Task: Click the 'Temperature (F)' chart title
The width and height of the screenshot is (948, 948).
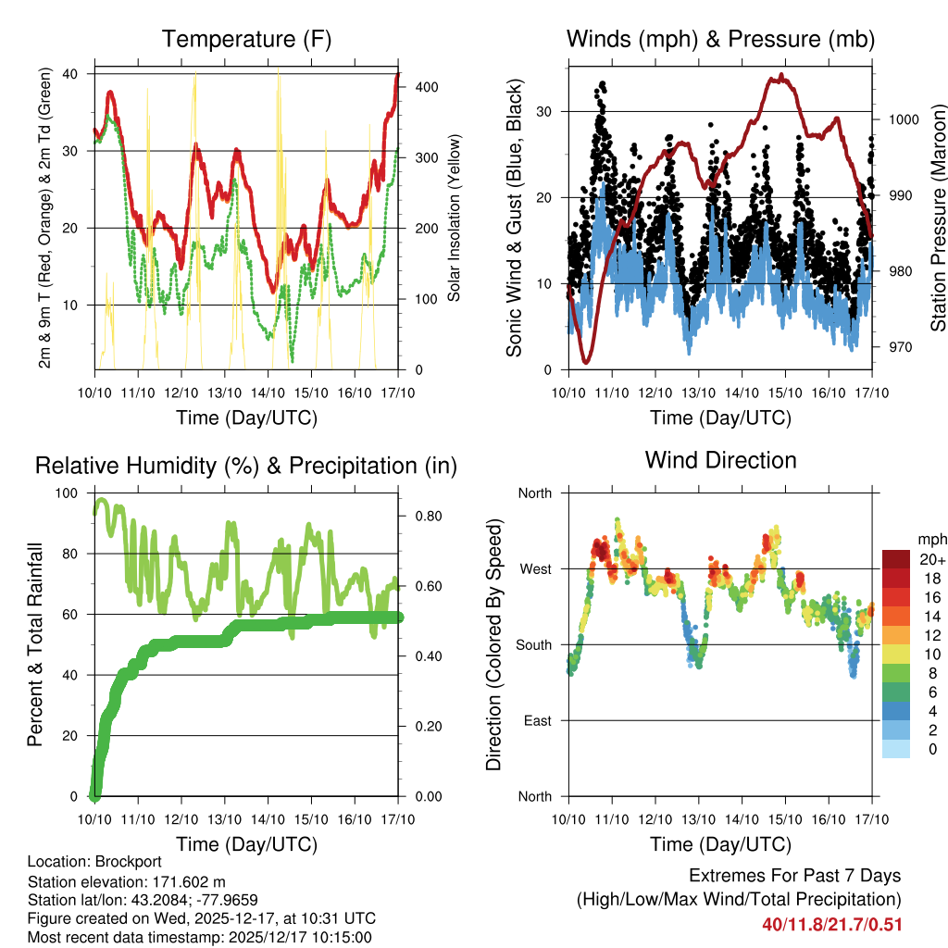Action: coord(246,39)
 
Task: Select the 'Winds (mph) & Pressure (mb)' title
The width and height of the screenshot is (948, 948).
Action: coord(720,39)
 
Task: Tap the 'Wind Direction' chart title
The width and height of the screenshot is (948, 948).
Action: coord(720,460)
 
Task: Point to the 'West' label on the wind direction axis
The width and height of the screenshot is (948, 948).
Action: coord(534,568)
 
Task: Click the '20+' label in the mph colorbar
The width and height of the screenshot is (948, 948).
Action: coord(929,559)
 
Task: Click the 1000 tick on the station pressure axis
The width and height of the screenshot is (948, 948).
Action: coord(903,119)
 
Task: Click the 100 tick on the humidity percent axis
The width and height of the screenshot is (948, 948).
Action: coord(69,493)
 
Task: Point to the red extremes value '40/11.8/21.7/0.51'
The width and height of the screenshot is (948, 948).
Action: coord(832,924)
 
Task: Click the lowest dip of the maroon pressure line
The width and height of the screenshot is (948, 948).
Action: coord(586,361)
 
